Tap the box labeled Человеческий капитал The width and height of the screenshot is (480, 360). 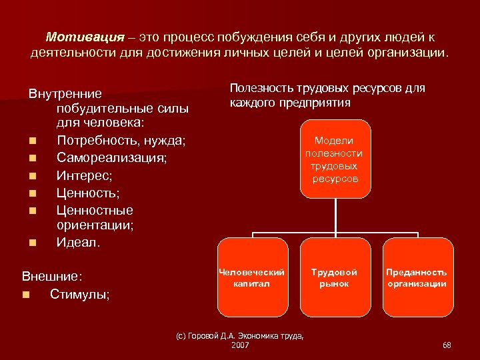[x=253, y=277]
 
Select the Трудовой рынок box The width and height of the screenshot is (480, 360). [x=335, y=277]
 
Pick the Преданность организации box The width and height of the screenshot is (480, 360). [x=417, y=277]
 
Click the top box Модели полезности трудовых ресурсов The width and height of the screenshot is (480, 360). [x=335, y=159]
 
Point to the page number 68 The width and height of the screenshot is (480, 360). [x=447, y=345]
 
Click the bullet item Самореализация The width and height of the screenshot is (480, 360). [x=111, y=158]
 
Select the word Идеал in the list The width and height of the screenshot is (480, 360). [x=77, y=243]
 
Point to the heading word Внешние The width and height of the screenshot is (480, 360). [x=51, y=276]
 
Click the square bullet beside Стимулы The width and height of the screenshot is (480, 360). [x=25, y=294]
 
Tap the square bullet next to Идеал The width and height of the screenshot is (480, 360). [x=33, y=243]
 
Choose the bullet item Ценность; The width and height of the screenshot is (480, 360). [x=88, y=193]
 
